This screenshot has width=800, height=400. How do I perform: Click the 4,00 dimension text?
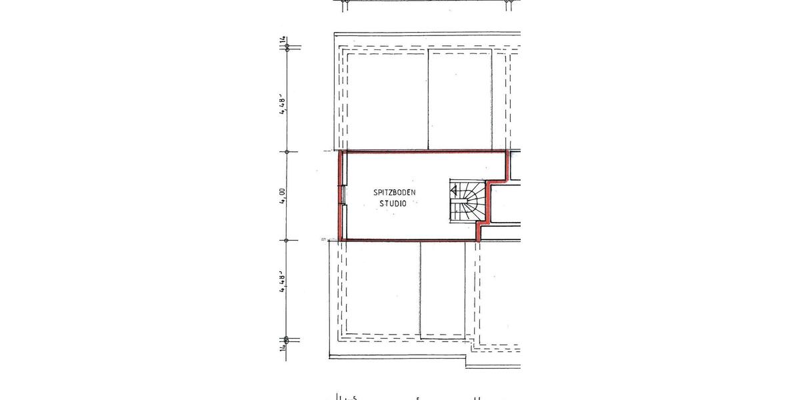point(283,196)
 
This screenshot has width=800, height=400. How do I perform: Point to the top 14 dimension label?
point(283,42)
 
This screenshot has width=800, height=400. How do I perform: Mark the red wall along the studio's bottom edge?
point(410,240)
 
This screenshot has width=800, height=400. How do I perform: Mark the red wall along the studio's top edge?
point(423,151)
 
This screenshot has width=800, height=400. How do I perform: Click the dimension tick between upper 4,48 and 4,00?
point(287,151)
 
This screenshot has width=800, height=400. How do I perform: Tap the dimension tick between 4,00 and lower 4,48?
point(287,240)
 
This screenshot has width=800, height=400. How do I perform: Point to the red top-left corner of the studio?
point(342,153)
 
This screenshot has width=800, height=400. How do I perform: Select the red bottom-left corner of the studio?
point(342,239)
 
